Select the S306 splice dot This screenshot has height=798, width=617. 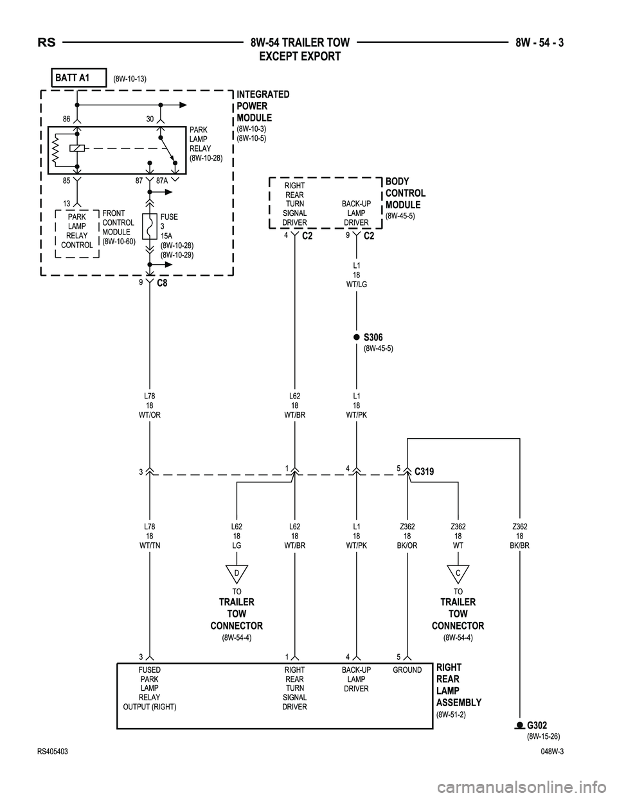[356, 337]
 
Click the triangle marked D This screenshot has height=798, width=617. [237, 572]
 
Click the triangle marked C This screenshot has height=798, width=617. [458, 572]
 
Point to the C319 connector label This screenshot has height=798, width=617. [424, 472]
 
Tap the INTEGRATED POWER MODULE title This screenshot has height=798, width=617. [263, 106]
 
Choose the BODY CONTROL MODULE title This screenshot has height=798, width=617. [405, 193]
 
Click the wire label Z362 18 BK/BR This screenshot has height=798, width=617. [519, 536]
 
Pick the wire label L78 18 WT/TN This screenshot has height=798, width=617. [150, 536]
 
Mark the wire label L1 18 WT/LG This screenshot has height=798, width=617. [356, 274]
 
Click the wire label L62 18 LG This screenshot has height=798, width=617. [237, 536]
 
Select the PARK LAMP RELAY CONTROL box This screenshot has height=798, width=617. [77, 231]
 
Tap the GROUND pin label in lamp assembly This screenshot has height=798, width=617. [407, 670]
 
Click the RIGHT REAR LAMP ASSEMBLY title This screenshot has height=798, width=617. [458, 685]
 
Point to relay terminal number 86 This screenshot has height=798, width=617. [66, 119]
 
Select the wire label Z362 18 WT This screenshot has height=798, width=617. [458, 536]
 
